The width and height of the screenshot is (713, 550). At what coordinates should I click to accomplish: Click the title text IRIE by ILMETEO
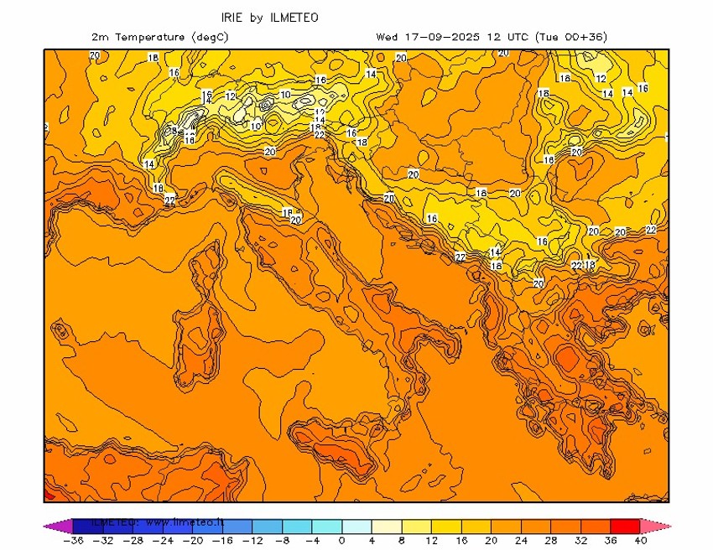pyautogui.click(x=269, y=18)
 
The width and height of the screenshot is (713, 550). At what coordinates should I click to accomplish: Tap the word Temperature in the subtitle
pyautogui.click(x=149, y=37)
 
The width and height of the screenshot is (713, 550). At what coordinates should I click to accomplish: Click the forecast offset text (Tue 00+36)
pyautogui.click(x=575, y=37)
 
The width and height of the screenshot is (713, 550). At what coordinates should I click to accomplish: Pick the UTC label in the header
pyautogui.click(x=517, y=37)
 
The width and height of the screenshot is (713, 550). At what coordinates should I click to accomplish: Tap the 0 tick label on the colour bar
pyautogui.click(x=341, y=541)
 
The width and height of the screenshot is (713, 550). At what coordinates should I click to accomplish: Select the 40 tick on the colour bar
pyautogui.click(x=642, y=541)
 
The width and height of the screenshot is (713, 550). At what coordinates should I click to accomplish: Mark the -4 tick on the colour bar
pyautogui.click(x=311, y=541)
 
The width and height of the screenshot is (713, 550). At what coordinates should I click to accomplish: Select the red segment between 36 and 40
pyautogui.click(x=626, y=526)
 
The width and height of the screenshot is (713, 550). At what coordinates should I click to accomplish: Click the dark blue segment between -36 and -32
pyautogui.click(x=87, y=526)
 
